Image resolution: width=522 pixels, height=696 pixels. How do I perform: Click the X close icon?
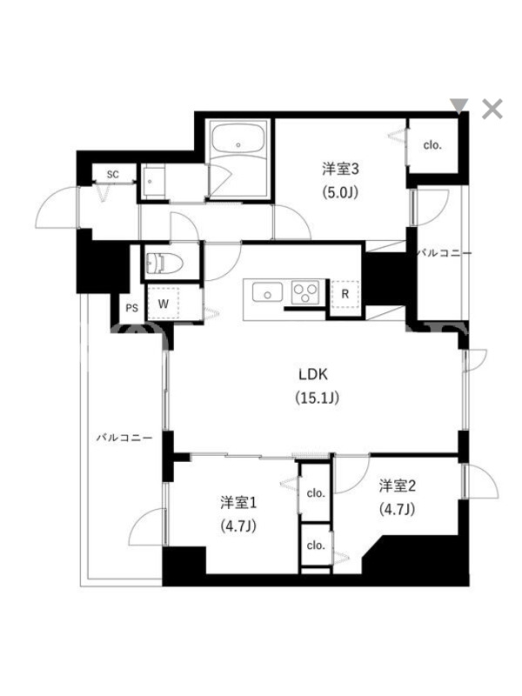(492, 109)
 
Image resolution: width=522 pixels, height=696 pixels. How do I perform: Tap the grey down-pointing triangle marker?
(459, 105)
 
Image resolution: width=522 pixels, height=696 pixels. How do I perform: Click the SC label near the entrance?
(113, 175)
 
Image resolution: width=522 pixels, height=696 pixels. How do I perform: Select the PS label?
(132, 308)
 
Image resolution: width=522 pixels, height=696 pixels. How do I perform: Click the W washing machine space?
(164, 304)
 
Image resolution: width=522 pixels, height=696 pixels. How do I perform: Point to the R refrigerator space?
(345, 294)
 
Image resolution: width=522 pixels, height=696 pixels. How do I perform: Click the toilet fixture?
(164, 264)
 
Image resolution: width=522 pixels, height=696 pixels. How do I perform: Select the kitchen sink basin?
(267, 293)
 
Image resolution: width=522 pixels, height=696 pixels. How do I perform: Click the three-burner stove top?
(305, 292)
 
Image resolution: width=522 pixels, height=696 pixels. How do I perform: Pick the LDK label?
(313, 375)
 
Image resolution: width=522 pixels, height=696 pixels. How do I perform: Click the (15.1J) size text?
(318, 398)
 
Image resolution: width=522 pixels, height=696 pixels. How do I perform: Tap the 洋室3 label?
(340, 169)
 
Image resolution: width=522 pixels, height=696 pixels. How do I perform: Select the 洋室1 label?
(238, 503)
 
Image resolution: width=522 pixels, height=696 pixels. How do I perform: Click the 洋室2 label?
(398, 486)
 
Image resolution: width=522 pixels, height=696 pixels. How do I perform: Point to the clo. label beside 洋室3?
(432, 145)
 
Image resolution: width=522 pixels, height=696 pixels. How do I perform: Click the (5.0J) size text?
(340, 192)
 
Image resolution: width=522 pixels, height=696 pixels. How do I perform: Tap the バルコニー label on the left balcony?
(124, 438)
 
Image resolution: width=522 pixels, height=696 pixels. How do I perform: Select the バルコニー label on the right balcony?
(445, 253)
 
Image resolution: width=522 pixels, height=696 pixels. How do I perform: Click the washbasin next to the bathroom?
(153, 181)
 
